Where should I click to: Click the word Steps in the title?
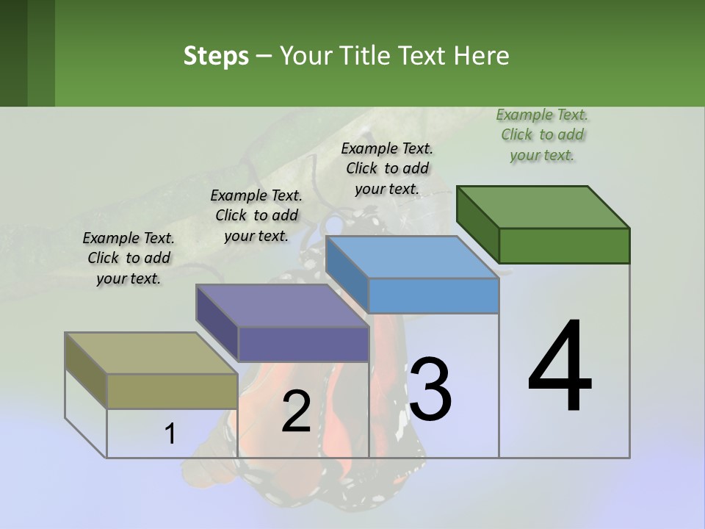(x=216, y=57)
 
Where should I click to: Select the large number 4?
(x=560, y=367)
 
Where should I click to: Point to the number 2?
(x=296, y=411)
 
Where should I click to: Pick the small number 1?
(x=170, y=434)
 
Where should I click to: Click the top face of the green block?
(x=543, y=206)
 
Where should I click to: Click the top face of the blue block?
(x=413, y=257)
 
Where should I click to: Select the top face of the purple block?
(x=282, y=306)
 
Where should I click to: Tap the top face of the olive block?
(x=151, y=353)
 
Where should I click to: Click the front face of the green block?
(x=564, y=245)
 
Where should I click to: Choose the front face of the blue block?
(x=433, y=295)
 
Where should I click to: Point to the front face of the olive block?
(x=172, y=391)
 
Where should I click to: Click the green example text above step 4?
(x=542, y=134)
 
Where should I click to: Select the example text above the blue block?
(x=387, y=168)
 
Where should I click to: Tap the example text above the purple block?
(x=256, y=215)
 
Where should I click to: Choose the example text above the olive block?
(x=129, y=258)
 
